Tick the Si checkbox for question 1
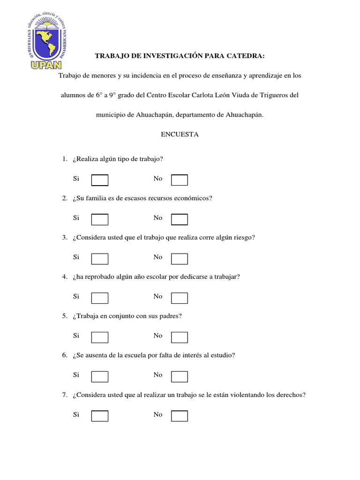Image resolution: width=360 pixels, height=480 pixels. click(99, 180)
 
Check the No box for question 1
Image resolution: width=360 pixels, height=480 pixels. click(180, 180)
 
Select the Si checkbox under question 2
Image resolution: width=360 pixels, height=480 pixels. click(99, 219)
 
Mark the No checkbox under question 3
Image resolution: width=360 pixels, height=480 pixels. click(180, 259)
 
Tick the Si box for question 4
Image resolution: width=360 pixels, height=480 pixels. click(99, 298)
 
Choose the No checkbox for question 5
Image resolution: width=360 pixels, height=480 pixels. click(180, 337)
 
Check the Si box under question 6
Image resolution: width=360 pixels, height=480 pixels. click(99, 376)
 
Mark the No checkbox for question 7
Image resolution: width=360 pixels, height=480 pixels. click(180, 416)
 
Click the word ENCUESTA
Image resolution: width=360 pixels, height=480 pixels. click(180, 135)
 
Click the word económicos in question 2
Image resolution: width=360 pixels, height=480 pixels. click(195, 198)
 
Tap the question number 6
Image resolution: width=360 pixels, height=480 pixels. click(65, 355)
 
